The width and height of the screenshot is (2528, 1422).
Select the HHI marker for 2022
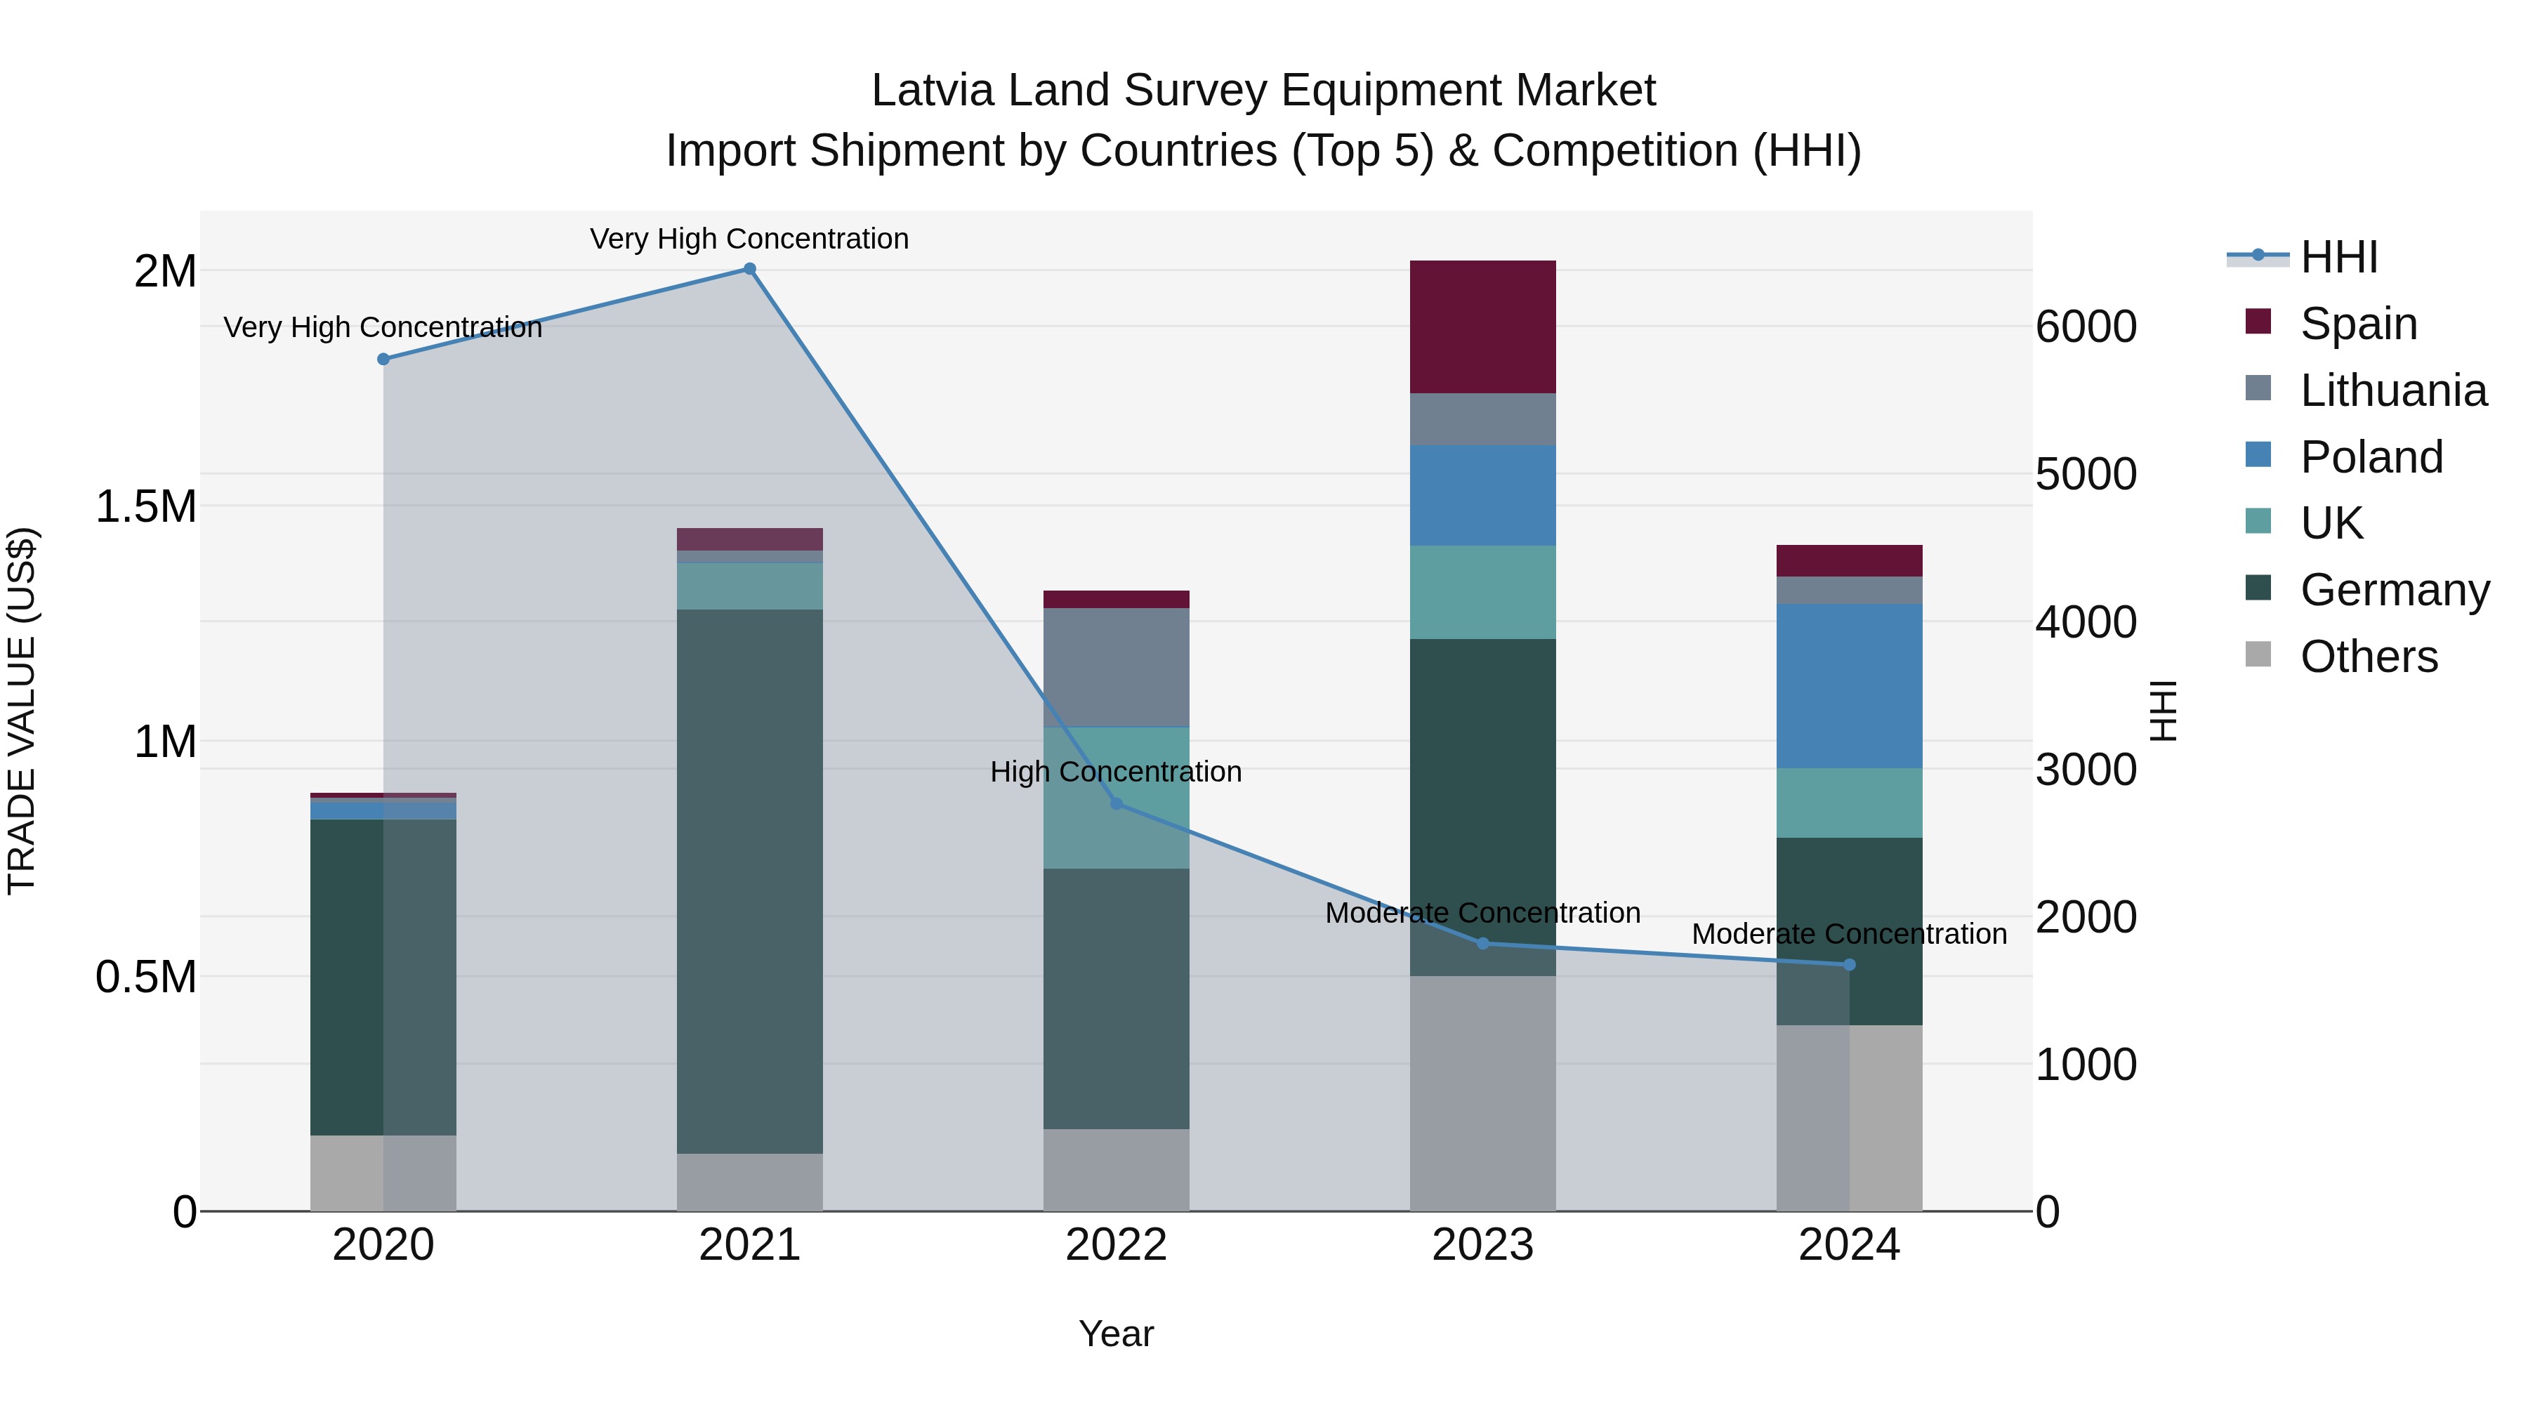click(x=1116, y=804)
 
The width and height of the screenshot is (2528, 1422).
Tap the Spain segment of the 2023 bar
click(x=1483, y=327)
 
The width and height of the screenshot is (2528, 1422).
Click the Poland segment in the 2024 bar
click(x=1849, y=686)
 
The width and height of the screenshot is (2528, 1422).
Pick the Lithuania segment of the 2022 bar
click(x=1116, y=667)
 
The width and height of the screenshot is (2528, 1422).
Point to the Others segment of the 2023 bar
click(x=1483, y=1093)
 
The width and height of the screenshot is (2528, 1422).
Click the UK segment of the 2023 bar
click(x=1483, y=593)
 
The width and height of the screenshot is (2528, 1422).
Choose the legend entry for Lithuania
click(x=2392, y=390)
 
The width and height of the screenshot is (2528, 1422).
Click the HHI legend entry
click(x=2338, y=257)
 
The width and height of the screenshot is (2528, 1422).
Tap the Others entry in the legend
click(x=2368, y=657)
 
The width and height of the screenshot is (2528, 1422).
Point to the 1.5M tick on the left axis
click(x=146, y=506)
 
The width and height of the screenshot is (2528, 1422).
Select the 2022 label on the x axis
click(x=1116, y=1245)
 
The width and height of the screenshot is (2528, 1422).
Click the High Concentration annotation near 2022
click(x=1116, y=772)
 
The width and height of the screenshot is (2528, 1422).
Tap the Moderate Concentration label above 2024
click(x=1849, y=934)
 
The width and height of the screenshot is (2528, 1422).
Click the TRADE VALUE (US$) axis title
click(x=22, y=711)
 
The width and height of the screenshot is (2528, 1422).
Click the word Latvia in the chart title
click(x=933, y=91)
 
